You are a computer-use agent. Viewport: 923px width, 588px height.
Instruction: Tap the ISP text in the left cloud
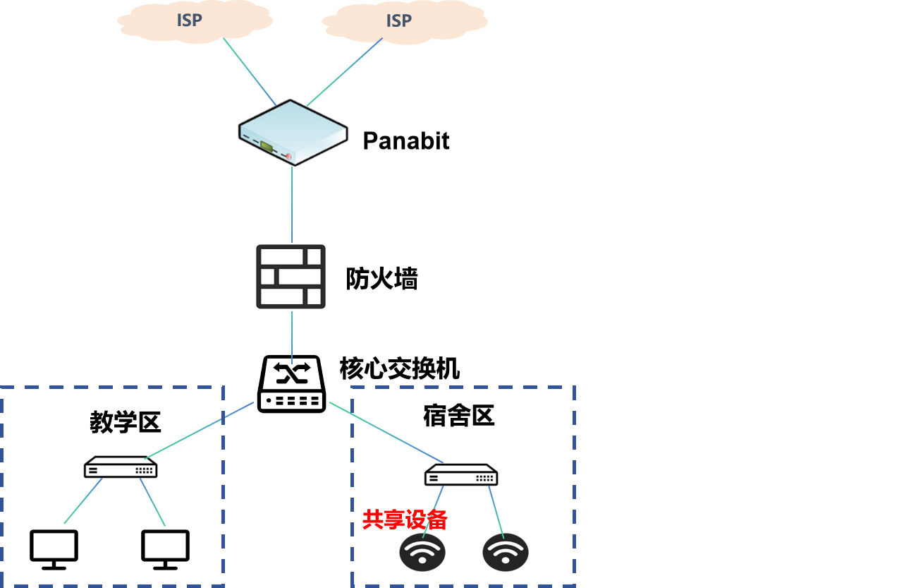point(189,20)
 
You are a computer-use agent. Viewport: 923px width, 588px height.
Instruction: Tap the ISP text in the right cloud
point(398,21)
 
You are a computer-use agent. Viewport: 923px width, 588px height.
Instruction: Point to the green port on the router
point(267,146)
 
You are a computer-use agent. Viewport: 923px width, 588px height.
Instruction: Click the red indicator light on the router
point(288,156)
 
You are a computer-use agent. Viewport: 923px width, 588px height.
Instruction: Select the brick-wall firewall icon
point(291,277)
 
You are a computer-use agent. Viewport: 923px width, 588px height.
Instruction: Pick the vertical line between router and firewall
point(292,205)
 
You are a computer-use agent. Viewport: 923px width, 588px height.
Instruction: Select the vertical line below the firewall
point(292,337)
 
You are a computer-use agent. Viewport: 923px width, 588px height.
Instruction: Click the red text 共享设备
point(405,520)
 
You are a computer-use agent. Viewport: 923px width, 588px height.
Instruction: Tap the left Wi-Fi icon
point(422,552)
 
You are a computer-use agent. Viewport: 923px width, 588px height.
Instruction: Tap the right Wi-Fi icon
point(505,552)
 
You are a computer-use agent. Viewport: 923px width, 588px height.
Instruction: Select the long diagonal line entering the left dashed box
point(199,431)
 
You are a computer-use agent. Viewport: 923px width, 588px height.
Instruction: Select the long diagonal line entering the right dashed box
point(386,432)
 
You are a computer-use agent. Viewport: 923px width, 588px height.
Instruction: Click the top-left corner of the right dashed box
point(352,387)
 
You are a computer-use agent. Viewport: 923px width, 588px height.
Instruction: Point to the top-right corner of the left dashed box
point(224,387)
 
